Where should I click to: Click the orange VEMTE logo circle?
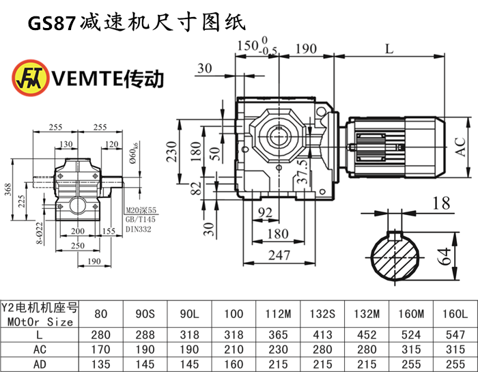tap(30, 77)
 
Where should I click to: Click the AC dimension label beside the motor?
tap(464, 145)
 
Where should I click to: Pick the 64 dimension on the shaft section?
tap(445, 257)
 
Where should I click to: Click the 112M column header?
tap(276, 314)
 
